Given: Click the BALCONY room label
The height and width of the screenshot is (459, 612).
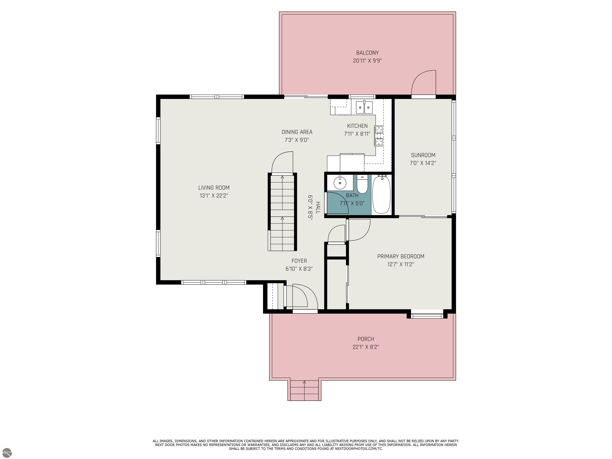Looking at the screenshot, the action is [x=367, y=53].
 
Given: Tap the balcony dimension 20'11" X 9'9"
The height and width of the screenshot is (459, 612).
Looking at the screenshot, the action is [x=367, y=61].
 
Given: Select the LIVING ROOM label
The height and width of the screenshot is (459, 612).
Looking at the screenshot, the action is [x=214, y=188].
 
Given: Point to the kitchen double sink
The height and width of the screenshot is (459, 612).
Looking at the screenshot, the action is [x=364, y=107].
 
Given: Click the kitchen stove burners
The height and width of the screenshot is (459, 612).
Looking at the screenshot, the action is [x=379, y=136].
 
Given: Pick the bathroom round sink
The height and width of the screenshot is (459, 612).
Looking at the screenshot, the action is [x=340, y=183].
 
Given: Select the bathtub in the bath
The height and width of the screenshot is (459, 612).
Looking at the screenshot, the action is [x=381, y=194].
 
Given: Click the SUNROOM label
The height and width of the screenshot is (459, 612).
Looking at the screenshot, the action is [x=423, y=155].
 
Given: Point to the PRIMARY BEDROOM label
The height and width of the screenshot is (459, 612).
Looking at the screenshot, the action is [x=401, y=256].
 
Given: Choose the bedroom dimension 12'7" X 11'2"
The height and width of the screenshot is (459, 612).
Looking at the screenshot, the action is [x=401, y=264].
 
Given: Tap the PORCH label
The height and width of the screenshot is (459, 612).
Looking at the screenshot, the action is [x=366, y=339].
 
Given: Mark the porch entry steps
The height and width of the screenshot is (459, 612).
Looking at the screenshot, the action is [x=304, y=390].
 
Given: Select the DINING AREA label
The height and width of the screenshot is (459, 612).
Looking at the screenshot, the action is [x=297, y=132].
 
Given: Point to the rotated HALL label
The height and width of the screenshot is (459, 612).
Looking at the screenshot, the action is [x=318, y=208].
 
